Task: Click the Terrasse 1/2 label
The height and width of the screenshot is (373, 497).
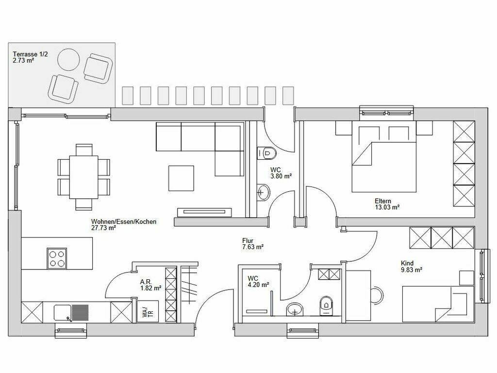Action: [x=31, y=54]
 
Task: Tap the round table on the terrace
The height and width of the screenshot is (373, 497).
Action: [x=68, y=59]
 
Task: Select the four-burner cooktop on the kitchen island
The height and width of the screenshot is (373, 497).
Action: [x=57, y=258]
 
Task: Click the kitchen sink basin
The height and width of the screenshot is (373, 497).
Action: [x=63, y=312]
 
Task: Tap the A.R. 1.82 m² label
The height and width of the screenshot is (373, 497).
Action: [x=151, y=285]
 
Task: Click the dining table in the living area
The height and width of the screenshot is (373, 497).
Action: [x=83, y=177]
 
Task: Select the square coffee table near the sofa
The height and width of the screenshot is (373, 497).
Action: [x=181, y=178]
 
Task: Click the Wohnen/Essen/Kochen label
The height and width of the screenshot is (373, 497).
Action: [x=124, y=224]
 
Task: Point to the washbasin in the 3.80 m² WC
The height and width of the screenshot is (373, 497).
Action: [x=263, y=192]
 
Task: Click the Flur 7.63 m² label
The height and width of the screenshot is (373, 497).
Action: [x=253, y=244]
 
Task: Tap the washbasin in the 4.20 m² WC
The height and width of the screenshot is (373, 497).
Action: [x=295, y=309]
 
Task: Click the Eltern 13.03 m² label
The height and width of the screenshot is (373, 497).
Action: [x=387, y=204]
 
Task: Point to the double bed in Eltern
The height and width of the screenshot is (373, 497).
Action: [x=384, y=157]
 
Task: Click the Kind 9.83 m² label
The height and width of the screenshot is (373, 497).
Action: [x=412, y=267]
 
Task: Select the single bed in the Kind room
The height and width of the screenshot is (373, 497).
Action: [x=438, y=304]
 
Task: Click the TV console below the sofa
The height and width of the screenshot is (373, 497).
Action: [x=204, y=212]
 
